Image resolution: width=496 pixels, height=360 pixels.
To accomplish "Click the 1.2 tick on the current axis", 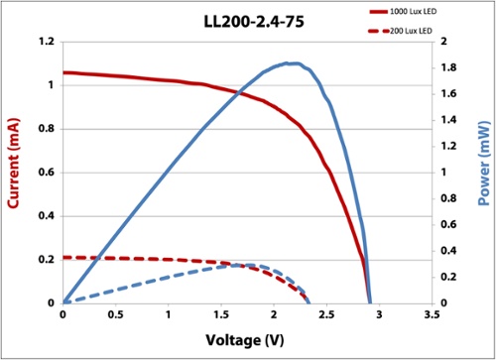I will point(44,42).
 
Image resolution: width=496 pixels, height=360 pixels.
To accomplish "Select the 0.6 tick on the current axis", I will point(44,172).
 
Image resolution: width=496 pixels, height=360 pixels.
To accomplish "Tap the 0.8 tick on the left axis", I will point(44,128).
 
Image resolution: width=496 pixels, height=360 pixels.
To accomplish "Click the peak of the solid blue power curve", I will point(290,63).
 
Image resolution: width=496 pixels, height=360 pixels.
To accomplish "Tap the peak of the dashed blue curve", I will point(242,265).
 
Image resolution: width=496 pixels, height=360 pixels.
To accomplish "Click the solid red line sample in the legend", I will point(378,11).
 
